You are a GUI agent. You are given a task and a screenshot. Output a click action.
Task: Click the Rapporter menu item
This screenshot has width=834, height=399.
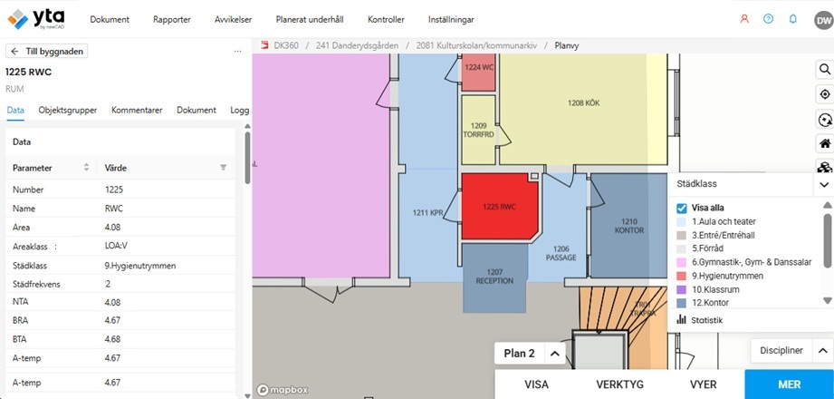[172, 20]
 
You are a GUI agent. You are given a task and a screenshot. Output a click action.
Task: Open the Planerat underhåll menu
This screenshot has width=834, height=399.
[310, 20]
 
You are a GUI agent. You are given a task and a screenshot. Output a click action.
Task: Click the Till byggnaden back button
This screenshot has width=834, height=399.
[47, 51]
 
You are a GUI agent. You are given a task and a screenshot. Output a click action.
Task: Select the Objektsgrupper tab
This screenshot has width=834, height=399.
[68, 111]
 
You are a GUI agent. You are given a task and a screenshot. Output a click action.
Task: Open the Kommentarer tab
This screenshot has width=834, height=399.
[137, 111]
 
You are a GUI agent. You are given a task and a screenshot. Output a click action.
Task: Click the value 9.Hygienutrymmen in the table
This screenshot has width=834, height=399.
[140, 266]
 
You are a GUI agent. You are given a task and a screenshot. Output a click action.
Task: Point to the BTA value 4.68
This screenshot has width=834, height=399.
[113, 339]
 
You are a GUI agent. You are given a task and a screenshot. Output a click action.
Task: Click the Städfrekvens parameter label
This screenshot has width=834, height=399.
[36, 284]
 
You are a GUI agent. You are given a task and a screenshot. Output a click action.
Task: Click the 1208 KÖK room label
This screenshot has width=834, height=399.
[583, 103]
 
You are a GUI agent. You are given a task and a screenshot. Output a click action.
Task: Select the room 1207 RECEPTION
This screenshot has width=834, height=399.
[494, 277]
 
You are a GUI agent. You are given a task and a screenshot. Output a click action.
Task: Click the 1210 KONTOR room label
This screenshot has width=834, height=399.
[629, 226]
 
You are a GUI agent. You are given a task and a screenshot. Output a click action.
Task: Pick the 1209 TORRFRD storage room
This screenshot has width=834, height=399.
[479, 130]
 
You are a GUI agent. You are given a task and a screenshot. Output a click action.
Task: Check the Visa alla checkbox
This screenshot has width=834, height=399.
[682, 208]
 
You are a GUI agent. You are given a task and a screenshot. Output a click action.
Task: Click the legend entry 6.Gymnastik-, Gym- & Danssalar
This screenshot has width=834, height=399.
[752, 262]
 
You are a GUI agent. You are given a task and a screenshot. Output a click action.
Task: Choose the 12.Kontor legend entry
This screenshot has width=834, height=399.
[710, 303]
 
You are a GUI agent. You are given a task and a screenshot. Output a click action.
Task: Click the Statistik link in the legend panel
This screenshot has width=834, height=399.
[707, 320]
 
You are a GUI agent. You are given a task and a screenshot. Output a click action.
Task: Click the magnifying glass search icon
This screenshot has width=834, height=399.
[825, 69]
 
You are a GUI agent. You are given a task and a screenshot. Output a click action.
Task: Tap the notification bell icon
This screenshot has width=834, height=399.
[793, 19]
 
